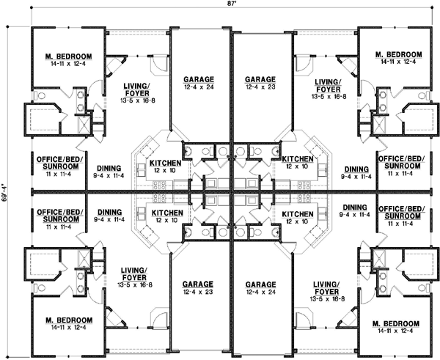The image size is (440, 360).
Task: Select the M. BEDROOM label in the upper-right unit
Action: (398, 55)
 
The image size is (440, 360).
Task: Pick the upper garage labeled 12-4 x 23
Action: (260, 80)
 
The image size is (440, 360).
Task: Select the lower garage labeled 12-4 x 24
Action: (260, 284)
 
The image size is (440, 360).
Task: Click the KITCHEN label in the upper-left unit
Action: (165, 163)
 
